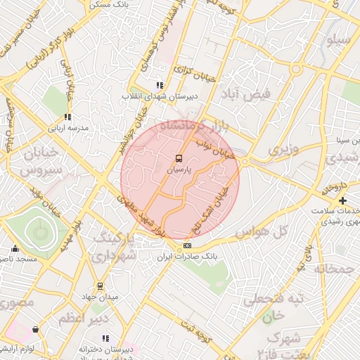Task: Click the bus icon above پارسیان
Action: [x=179, y=158]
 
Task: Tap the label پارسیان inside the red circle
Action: [x=179, y=169]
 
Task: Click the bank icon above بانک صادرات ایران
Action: [x=187, y=245]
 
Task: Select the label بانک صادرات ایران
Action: [x=187, y=257]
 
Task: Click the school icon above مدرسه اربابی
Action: [x=67, y=117]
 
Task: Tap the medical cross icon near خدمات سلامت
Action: [x=342, y=201]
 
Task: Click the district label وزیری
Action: [x=283, y=150]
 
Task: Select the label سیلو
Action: [x=336, y=40]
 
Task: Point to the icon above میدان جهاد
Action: [x=100, y=286]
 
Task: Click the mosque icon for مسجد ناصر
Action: [x=15, y=248]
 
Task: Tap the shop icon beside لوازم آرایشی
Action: [x=35, y=329]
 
